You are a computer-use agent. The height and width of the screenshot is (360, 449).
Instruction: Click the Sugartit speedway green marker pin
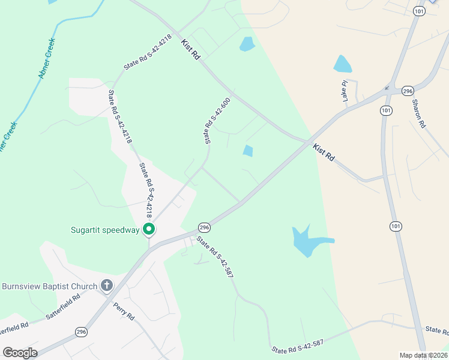coord(149,229)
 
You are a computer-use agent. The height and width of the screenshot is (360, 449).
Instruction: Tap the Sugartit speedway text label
coord(104,229)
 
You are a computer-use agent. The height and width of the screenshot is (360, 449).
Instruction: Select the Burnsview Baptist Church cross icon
coord(106,286)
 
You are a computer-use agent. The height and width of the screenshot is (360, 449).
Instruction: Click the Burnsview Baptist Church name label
coord(49,286)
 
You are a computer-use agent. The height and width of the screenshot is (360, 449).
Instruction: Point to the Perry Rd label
coord(124,312)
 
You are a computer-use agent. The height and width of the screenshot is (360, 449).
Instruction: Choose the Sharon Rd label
coord(418,112)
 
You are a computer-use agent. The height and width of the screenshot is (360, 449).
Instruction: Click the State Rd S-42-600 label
coord(217,120)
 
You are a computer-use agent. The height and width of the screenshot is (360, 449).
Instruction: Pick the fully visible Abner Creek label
coord(47,58)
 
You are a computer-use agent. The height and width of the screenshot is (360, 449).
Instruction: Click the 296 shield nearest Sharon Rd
coord(408,91)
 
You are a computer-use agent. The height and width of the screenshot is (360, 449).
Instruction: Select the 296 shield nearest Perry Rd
coord(81,331)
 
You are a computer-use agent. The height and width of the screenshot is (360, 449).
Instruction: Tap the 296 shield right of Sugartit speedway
coord(205,227)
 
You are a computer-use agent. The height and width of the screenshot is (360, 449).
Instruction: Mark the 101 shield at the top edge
coord(419,11)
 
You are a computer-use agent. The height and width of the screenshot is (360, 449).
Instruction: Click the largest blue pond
coord(307,240)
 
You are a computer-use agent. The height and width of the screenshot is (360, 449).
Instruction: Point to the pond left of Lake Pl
coord(342,64)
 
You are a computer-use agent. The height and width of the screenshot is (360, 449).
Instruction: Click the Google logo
coord(20,353)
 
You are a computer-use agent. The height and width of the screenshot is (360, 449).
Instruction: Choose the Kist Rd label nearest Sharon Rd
coord(324,152)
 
